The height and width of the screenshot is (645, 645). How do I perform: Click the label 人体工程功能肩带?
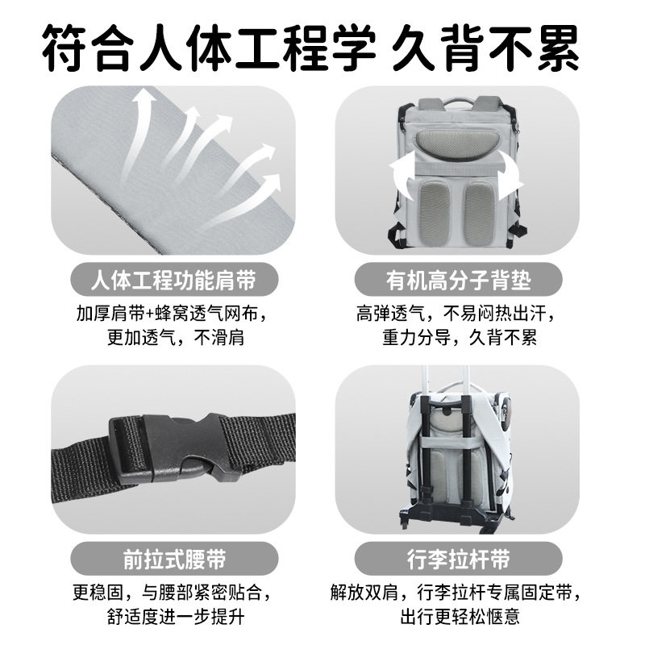pyautogui.click(x=173, y=280)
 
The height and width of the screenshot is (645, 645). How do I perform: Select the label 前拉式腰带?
pyautogui.click(x=173, y=558)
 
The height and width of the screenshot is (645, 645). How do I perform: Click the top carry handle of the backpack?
pyautogui.click(x=458, y=100)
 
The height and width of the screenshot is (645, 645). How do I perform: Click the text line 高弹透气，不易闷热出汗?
pyautogui.click(x=457, y=313)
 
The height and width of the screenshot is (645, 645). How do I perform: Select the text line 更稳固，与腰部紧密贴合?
pyautogui.click(x=172, y=593)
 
